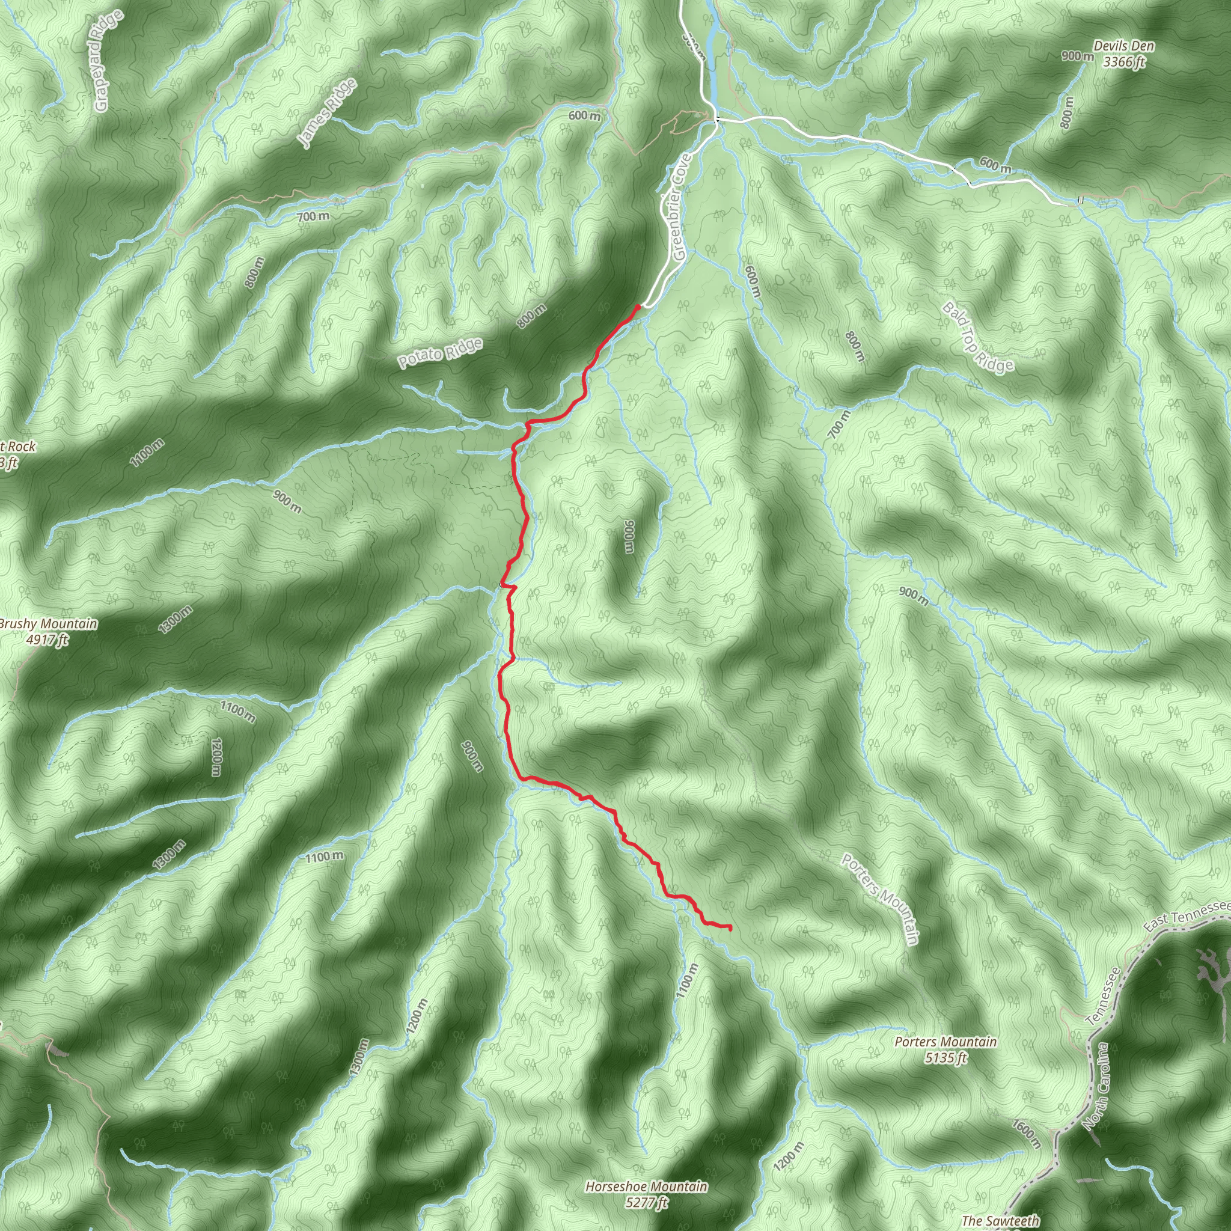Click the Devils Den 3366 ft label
(x=1123, y=54)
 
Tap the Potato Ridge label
(x=440, y=353)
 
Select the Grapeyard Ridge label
(x=106, y=61)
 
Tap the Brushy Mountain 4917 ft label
(x=48, y=631)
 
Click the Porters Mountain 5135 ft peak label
(x=945, y=1049)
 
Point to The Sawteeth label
(x=1000, y=1220)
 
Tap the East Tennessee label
(x=1187, y=915)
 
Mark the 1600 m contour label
(x=1026, y=1134)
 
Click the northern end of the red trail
(x=638, y=307)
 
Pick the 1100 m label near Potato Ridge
(x=147, y=453)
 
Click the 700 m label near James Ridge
(x=313, y=216)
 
